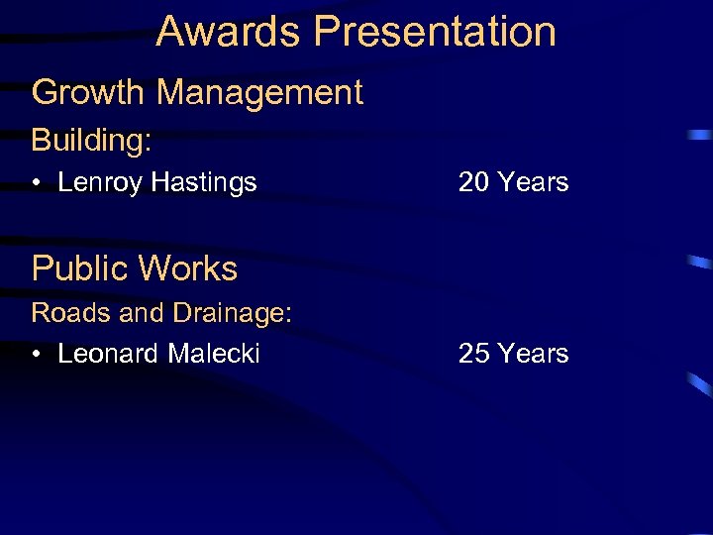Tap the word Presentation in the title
point(435,32)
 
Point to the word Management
point(260,92)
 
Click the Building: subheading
point(92,141)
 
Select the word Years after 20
point(534,182)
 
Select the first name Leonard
point(108,354)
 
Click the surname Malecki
point(213,354)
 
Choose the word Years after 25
point(534,354)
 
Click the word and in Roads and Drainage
point(143,313)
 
